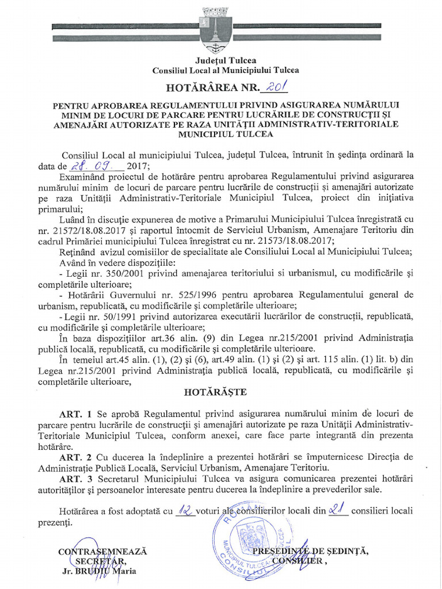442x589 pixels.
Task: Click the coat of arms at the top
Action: coord(216,28)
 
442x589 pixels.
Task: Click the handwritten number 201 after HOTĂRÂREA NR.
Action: coord(274,87)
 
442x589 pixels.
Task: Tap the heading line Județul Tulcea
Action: coord(226,60)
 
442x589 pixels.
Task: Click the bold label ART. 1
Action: coord(75,414)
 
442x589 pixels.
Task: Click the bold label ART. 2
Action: coord(75,457)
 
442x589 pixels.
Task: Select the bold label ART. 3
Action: coord(75,479)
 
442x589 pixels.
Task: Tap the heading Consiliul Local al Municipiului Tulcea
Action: coord(226,70)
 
